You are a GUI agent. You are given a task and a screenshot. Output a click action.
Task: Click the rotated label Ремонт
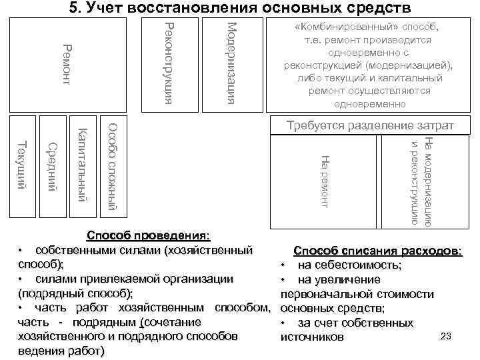(x=66, y=64)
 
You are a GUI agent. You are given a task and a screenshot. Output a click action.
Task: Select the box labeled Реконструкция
(x=169, y=64)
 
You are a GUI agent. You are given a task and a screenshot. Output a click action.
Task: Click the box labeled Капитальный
(x=82, y=166)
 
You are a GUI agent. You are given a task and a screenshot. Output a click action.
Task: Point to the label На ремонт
(x=325, y=180)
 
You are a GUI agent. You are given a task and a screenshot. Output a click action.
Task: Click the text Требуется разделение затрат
(x=370, y=125)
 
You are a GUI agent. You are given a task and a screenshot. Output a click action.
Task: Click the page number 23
(x=447, y=336)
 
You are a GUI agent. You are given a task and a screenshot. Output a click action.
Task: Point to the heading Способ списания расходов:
(x=377, y=251)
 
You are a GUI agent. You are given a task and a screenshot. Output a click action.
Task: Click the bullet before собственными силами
(x=22, y=251)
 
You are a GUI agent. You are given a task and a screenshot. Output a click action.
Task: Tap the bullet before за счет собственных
(x=283, y=323)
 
